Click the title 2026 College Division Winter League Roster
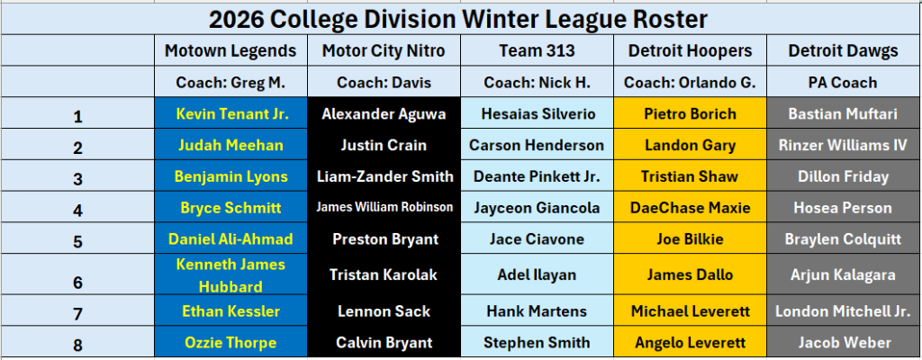[458, 18]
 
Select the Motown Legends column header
[230, 51]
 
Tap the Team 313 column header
[537, 51]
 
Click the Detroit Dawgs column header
[843, 51]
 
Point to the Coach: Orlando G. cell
[691, 82]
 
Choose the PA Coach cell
[843, 82]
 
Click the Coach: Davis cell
[384, 82]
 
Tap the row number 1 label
[77, 115]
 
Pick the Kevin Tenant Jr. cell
[230, 114]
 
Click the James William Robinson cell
[384, 207]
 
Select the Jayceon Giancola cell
[537, 208]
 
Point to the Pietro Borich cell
[691, 114]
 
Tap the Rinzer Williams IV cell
[843, 146]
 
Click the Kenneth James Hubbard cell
[230, 275]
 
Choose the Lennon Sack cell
[384, 311]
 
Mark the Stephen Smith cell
[537, 342]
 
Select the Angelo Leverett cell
[691, 342]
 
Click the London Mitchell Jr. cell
[843, 311]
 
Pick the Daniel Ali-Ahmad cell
[230, 239]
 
